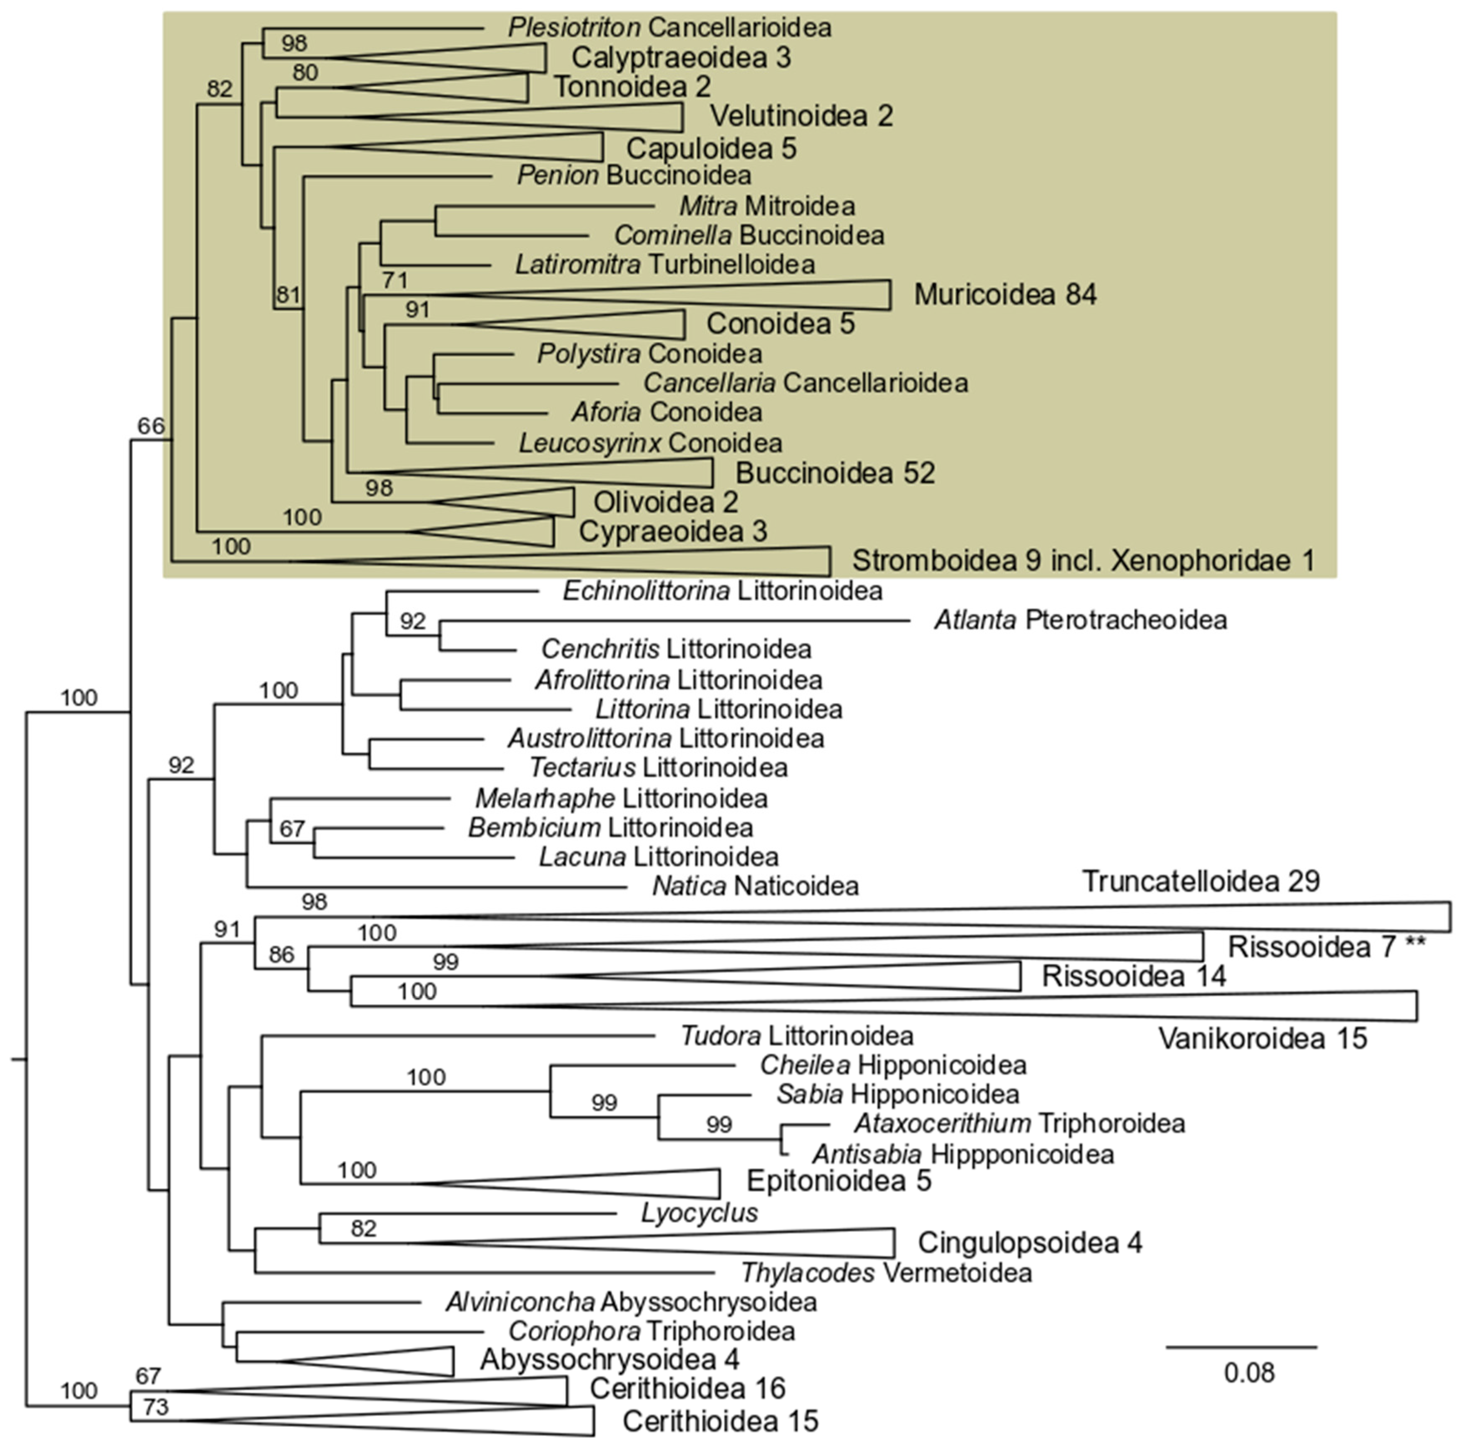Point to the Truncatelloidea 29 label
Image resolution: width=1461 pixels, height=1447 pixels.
pyautogui.click(x=1201, y=882)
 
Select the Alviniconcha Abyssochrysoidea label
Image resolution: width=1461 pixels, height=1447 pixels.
pyautogui.click(x=630, y=1302)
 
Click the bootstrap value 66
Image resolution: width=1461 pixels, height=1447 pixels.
pyautogui.click(x=150, y=426)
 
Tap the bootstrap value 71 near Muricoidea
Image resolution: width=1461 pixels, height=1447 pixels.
pyautogui.click(x=395, y=280)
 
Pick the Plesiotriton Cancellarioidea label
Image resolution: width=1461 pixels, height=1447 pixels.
pyautogui.click(x=669, y=28)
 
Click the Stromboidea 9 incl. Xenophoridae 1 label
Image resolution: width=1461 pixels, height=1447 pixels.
pyautogui.click(x=1083, y=560)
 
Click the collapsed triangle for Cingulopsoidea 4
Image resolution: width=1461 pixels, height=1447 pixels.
pyautogui.click(x=756, y=1242)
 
